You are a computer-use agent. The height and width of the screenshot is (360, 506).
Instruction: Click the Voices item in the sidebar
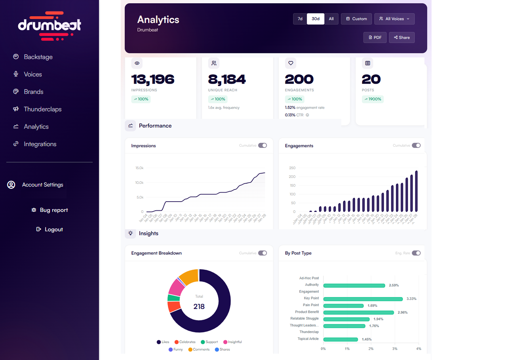(x=32, y=74)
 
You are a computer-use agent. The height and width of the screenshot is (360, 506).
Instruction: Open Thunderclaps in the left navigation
(x=42, y=109)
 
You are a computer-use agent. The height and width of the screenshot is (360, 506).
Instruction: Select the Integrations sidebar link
(x=40, y=144)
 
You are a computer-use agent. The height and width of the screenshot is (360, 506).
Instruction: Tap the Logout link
(x=49, y=229)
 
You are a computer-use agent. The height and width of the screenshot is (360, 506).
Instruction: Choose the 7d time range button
(x=300, y=19)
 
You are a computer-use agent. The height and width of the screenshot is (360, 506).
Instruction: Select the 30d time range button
(x=316, y=19)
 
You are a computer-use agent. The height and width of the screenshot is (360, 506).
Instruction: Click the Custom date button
(x=356, y=19)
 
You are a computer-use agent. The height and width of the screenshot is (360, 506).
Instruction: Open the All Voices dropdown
(x=394, y=19)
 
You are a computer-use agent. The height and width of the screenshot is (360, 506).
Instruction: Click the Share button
(x=401, y=38)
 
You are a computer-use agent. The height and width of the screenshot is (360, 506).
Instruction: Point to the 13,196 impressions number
(x=153, y=80)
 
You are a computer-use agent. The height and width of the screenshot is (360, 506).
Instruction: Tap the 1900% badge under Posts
(x=373, y=99)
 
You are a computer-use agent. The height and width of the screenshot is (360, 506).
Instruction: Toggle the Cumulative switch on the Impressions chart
(x=263, y=146)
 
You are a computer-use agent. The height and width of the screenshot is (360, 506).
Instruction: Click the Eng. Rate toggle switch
(x=416, y=253)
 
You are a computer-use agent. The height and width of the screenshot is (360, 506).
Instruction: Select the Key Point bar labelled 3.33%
(x=363, y=299)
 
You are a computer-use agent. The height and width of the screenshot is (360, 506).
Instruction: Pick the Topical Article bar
(x=341, y=339)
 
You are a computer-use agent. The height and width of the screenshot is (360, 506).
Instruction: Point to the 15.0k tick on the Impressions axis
(x=139, y=168)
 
